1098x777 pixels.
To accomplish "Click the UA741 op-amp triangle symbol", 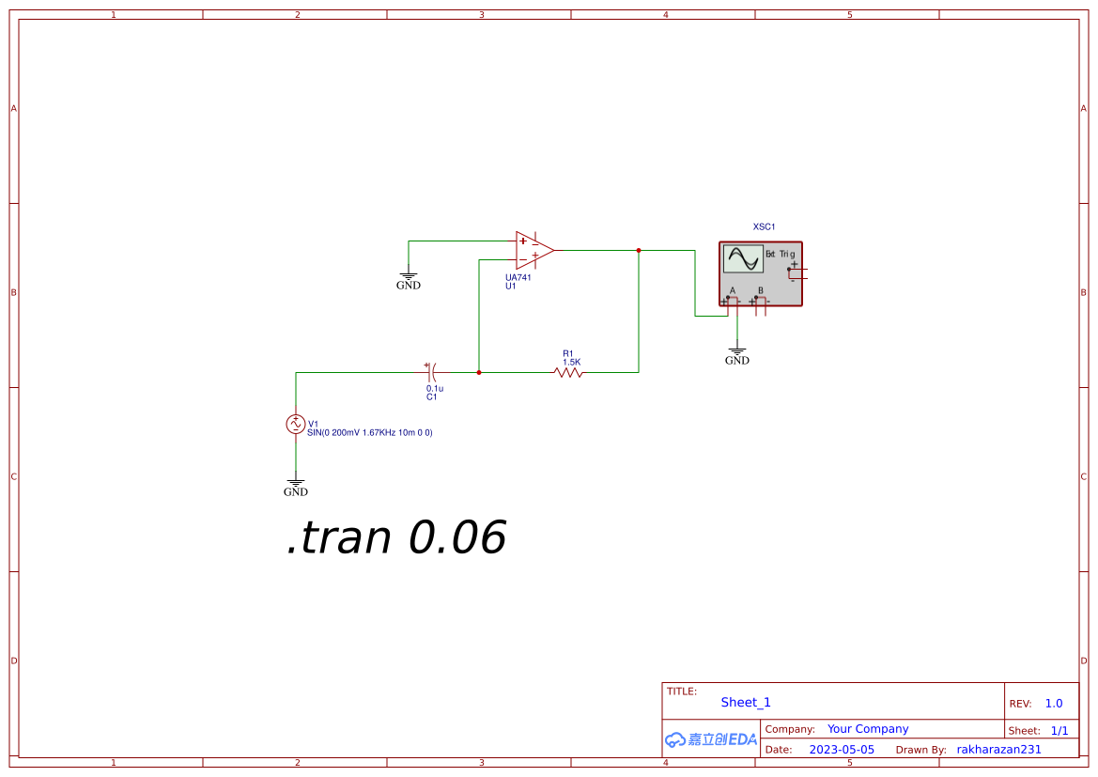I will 533,250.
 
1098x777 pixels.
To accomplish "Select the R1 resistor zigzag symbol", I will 568,373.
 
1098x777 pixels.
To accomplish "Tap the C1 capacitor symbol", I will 432,373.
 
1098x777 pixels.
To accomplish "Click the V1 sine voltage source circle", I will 296,425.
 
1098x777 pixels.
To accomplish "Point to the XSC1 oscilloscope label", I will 764,226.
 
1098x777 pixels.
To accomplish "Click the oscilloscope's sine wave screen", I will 743,258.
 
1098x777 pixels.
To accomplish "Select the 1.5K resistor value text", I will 572,362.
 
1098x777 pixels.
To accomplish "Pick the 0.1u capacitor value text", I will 435,388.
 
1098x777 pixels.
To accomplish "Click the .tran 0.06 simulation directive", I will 396,537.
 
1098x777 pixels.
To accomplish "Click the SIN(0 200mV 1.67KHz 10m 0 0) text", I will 369,433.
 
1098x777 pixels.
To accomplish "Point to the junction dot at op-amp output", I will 639,250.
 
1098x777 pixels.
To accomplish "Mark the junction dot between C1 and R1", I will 479,373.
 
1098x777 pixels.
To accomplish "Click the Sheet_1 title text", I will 746,703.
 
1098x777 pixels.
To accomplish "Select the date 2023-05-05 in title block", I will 842,750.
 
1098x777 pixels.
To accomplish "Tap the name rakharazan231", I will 998,750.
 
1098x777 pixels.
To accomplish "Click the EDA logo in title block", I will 711,739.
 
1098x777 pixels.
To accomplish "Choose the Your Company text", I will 868,729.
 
